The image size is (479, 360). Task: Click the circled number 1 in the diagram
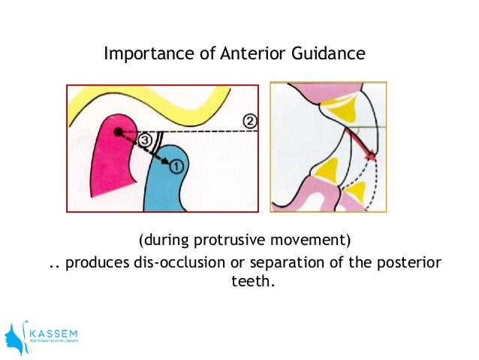[174, 164]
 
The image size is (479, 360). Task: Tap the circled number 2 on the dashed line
[250, 120]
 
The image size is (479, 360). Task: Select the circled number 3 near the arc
[146, 139]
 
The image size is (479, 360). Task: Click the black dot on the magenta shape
[117, 132]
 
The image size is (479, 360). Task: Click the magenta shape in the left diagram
[109, 162]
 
